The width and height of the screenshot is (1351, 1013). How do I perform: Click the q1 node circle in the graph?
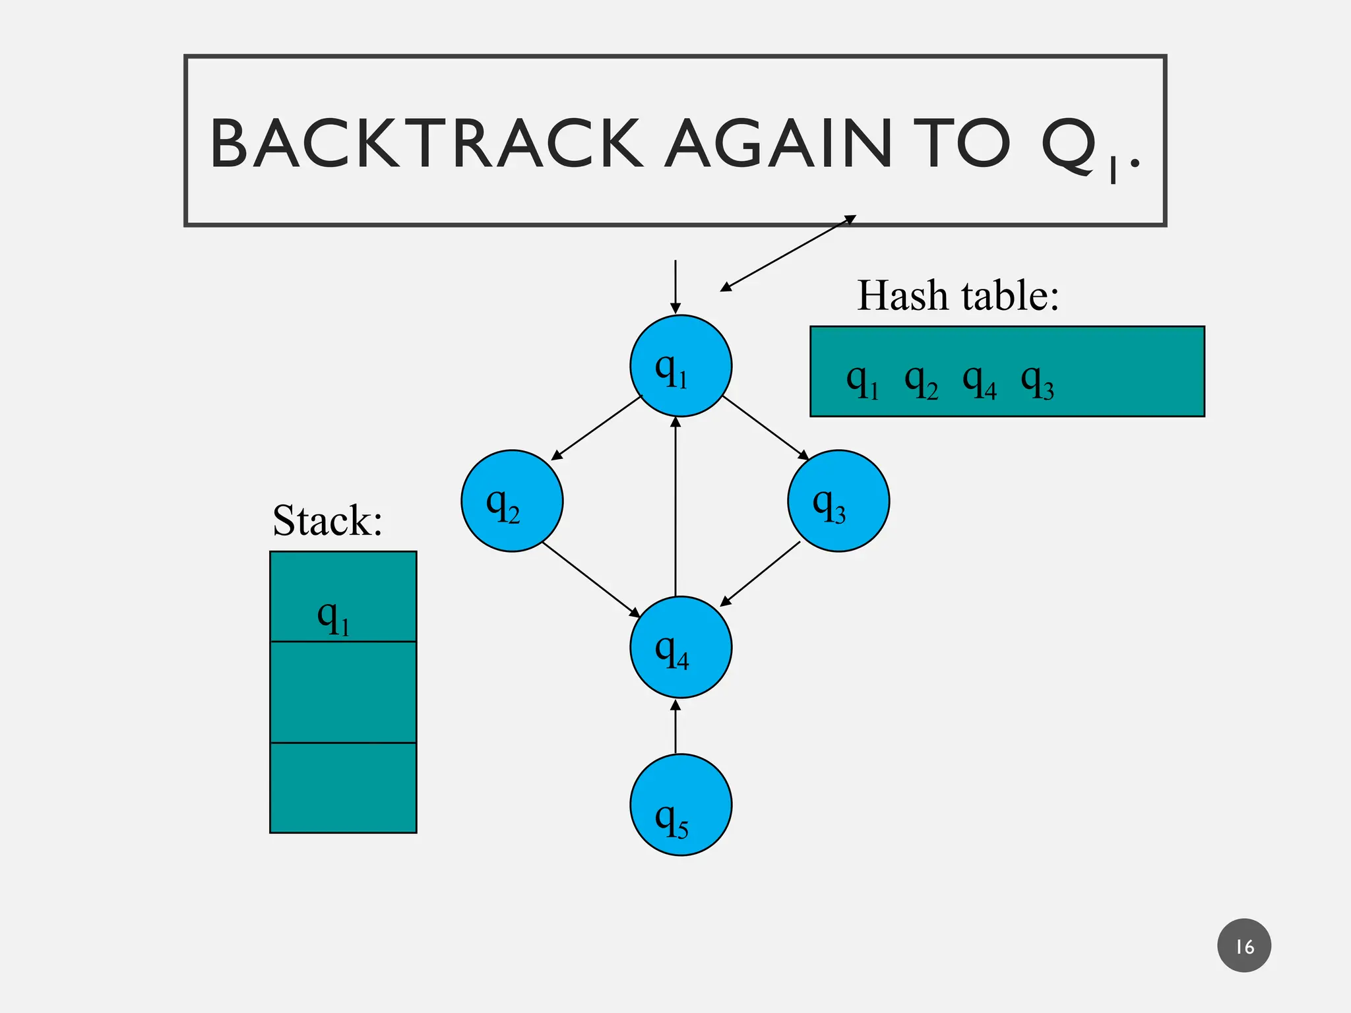[681, 366]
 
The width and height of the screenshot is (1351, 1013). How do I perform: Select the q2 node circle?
[512, 501]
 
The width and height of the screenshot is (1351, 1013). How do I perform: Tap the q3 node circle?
[838, 501]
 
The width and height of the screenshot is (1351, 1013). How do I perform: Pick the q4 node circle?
[681, 647]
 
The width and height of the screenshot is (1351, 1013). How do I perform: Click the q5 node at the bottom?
[681, 805]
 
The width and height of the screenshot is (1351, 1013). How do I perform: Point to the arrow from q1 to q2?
[596, 427]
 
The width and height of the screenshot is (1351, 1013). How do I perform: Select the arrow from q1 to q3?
[766, 427]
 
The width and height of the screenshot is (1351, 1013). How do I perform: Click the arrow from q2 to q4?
[591, 580]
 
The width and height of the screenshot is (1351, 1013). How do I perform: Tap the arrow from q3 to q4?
[760, 573]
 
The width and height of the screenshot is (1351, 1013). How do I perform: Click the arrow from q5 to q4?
[675, 727]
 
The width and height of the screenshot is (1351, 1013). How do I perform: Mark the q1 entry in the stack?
[334, 617]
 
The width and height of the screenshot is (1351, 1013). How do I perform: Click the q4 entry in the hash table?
[980, 382]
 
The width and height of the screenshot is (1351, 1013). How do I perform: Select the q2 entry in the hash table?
[922, 382]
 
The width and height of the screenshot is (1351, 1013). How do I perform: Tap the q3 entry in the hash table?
[1038, 382]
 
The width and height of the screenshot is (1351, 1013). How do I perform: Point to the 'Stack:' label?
[328, 520]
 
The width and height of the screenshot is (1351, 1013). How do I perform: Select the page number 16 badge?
[1244, 946]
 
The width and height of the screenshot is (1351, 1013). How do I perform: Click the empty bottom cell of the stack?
[343, 787]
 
